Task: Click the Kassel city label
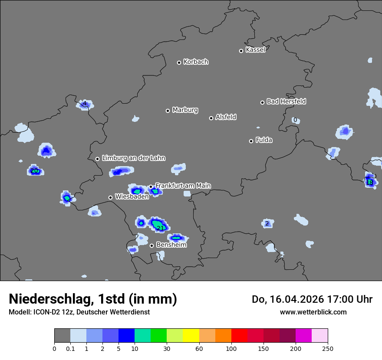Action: tap(255, 50)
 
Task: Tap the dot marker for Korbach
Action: tap(179, 62)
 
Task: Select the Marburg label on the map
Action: tap(185, 110)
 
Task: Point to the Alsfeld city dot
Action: tap(211, 118)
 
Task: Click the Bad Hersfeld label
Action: tap(286, 101)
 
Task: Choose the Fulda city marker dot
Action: tap(251, 141)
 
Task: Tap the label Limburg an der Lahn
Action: tap(133, 158)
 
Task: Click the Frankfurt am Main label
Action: tap(183, 186)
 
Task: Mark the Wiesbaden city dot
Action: tap(110, 197)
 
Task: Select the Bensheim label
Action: tap(171, 245)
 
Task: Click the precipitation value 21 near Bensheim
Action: tap(160, 228)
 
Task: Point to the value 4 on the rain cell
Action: tap(85, 103)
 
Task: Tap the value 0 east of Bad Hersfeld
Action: tap(295, 120)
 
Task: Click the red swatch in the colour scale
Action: tap(239, 336)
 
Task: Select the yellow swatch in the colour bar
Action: tap(191, 336)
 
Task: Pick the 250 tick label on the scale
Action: tap(328, 348)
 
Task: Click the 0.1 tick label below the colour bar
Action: tap(70, 348)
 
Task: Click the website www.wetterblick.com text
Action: tap(313, 312)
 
